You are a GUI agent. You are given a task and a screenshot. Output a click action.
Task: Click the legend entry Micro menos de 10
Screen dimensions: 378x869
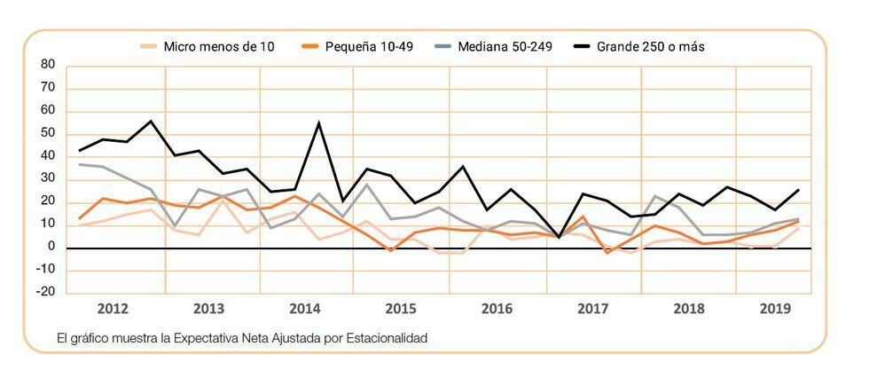coord(218,46)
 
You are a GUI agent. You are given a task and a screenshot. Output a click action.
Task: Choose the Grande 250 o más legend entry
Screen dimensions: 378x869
coord(651,46)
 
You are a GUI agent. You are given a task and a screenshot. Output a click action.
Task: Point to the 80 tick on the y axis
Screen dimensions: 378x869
coord(48,65)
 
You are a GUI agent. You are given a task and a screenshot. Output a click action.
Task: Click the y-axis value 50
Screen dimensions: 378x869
coord(48,134)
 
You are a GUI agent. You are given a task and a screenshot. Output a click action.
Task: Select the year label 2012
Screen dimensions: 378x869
coord(113,310)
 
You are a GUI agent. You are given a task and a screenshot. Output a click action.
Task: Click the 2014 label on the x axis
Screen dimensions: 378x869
coord(304,310)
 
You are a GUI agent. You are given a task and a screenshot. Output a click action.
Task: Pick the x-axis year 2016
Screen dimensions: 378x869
coord(497,310)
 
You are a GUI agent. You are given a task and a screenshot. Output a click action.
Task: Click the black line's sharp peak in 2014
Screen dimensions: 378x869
coord(318,122)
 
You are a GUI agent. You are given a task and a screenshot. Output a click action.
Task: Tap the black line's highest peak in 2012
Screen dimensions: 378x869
coord(151,121)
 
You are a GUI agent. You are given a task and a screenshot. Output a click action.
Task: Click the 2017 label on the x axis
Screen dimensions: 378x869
coord(592,310)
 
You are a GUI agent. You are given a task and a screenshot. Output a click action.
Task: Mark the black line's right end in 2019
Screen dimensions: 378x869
coord(798,189)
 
